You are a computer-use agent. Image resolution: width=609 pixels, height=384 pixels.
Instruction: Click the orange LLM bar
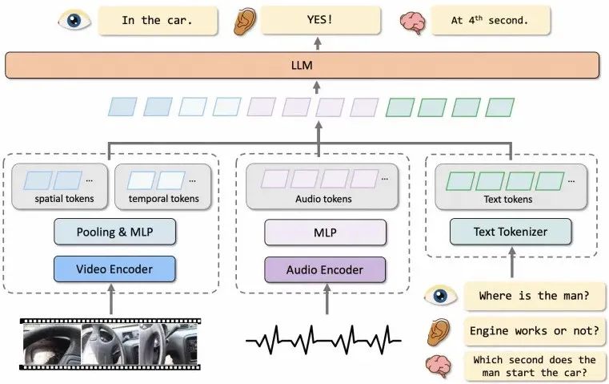[x=302, y=65]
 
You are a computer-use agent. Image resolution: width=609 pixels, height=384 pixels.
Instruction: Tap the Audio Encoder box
[x=324, y=269]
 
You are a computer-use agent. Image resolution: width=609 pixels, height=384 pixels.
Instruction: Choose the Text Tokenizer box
[x=511, y=232]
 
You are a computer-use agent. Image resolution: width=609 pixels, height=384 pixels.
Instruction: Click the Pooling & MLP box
[x=114, y=232]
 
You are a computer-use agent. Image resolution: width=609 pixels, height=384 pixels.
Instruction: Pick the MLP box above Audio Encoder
[x=324, y=233]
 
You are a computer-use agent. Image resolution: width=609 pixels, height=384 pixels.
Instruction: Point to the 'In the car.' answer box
[x=157, y=21]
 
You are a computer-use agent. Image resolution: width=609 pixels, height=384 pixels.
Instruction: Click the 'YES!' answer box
[x=318, y=21]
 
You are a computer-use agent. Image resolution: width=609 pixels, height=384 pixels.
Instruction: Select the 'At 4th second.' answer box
[x=489, y=21]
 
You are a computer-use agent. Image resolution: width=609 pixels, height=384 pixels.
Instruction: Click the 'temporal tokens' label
[x=163, y=199]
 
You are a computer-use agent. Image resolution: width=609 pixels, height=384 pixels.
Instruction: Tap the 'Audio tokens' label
[x=323, y=199]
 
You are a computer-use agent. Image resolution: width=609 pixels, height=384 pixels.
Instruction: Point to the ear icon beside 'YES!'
[x=241, y=21]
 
